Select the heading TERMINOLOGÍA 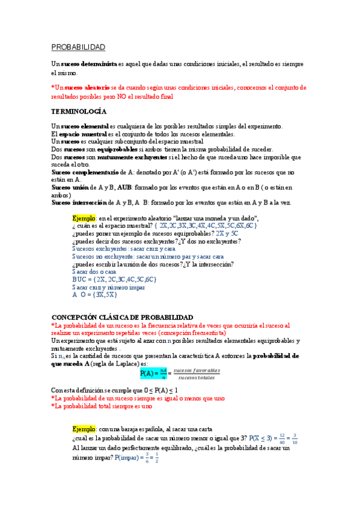point(79,112)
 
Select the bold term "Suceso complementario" point(85,172)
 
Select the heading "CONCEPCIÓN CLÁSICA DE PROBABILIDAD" point(123,317)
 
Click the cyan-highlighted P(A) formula point(153,373)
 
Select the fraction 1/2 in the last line point(157,459)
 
